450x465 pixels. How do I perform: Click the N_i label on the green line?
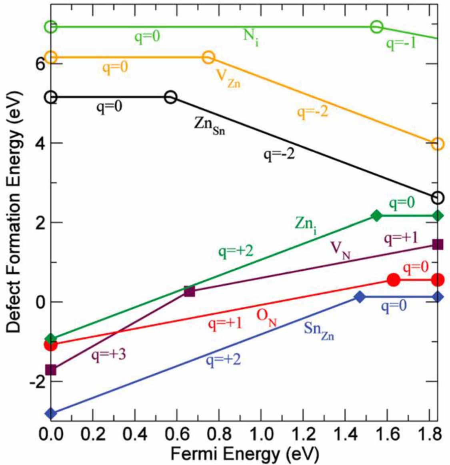tap(251, 38)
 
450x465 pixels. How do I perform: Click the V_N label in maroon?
tap(340, 250)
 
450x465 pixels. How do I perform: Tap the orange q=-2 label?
tap(312, 112)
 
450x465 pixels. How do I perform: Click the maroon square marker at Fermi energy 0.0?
tap(51, 370)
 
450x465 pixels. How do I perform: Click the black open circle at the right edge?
tap(438, 198)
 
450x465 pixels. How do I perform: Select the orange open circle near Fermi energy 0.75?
tap(208, 58)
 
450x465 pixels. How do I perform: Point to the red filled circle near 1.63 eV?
tap(394, 280)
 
